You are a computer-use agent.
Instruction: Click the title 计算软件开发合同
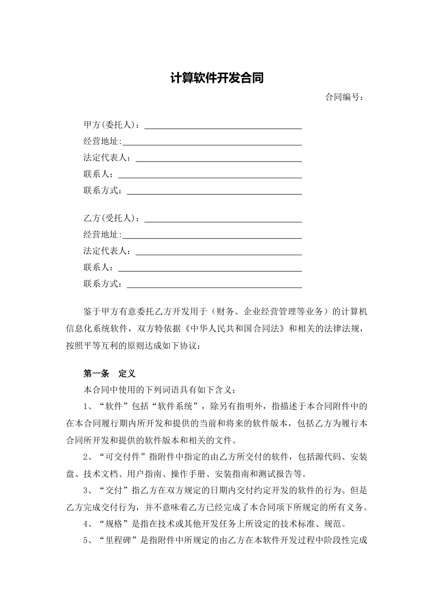[217, 78]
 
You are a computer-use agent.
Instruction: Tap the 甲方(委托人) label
[111, 125]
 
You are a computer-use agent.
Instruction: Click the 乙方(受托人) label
[111, 218]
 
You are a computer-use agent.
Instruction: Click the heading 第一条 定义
[109, 374]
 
